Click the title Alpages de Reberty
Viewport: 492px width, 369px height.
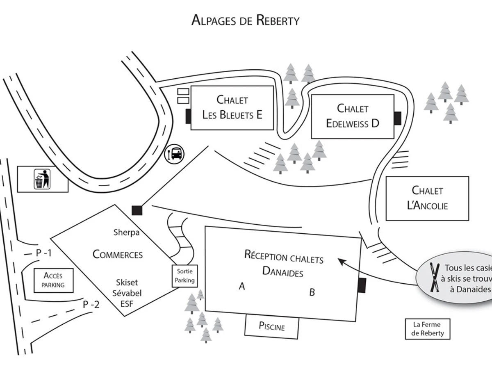tap(245, 20)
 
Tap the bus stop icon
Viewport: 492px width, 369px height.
tap(174, 154)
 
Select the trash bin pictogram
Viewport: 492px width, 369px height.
tap(42, 179)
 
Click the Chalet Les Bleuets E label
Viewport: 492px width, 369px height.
tap(232, 107)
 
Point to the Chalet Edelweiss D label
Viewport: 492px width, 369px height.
tap(353, 116)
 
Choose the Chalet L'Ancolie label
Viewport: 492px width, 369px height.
tap(427, 198)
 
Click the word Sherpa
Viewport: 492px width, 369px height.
tap(126, 232)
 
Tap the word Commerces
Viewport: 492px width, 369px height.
tap(118, 255)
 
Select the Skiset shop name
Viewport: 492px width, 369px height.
tap(127, 282)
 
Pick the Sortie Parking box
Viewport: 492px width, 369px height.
tap(184, 276)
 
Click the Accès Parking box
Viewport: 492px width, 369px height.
tap(53, 280)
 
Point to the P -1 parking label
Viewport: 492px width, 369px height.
tap(43, 253)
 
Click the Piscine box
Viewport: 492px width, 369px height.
tap(272, 326)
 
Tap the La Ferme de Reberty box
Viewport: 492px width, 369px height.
tap(427, 329)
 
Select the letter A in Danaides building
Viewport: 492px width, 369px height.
tap(242, 286)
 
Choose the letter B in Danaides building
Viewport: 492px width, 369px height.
tap(312, 292)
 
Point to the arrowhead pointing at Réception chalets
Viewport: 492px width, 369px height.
tap(340, 260)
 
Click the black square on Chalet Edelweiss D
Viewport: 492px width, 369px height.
tap(397, 118)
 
